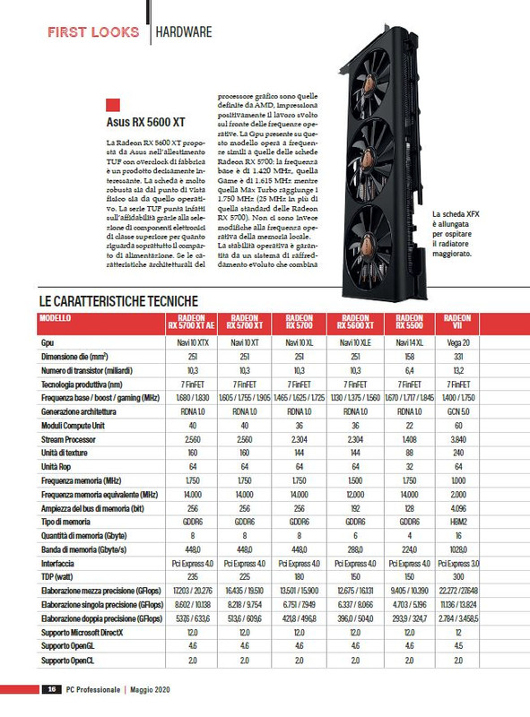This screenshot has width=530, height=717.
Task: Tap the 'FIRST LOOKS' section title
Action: [x=93, y=32]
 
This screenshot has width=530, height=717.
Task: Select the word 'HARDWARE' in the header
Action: [x=184, y=33]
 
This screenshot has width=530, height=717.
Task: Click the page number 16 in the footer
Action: [x=54, y=689]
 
